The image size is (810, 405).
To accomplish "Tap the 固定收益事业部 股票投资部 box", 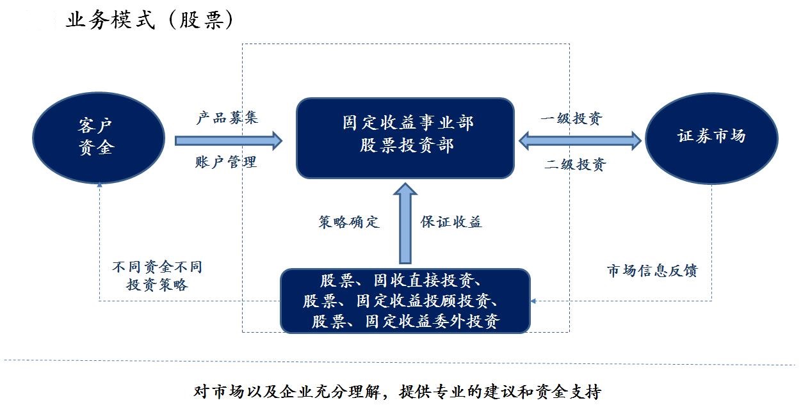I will tap(405, 138).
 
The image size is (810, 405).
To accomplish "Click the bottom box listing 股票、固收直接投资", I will tap(405, 301).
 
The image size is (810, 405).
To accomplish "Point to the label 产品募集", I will tap(227, 118).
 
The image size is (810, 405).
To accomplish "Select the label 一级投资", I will tap(572, 119).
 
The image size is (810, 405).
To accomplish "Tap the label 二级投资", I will tap(575, 164).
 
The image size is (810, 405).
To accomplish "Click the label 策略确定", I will tap(349, 222).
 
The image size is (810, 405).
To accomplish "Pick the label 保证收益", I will tap(451, 222).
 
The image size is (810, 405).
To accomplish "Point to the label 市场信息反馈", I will tap(652, 271).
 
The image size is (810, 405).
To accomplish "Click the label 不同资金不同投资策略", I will tap(157, 276).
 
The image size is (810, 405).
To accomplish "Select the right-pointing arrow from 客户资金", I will tap(228, 140).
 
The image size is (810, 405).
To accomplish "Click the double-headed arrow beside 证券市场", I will tap(579, 141).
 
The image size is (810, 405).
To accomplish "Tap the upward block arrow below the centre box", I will tap(405, 224).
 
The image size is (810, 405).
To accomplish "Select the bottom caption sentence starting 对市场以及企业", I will tap(397, 390).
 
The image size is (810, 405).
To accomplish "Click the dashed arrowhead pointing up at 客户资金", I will tap(99, 186).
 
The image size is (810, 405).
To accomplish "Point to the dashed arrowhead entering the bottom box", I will tap(534, 300).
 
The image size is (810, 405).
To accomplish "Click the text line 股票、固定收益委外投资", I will tap(405, 321).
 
